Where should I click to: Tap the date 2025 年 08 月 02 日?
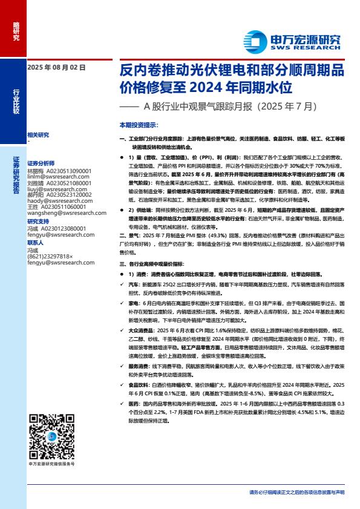click(56, 68)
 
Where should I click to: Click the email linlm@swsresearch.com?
click(57, 176)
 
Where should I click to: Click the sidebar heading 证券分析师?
click(41, 163)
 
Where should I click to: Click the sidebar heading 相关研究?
click(38, 134)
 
